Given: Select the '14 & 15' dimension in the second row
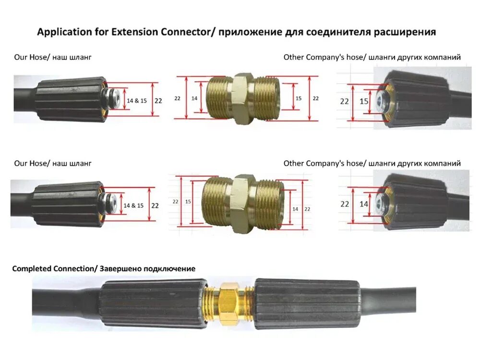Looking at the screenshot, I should pos(133,205).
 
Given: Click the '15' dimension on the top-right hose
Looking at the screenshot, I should pos(364,101).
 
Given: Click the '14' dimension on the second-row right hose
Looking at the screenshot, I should pos(364,204).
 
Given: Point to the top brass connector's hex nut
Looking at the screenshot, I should pos(243,98).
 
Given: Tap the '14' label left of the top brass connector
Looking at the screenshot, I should pos(194,98).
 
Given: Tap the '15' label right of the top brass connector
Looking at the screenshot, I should pos(298,98).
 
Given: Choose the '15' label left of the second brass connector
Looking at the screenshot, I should pos(188,202).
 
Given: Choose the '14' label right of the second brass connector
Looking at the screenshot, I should pos(295,209).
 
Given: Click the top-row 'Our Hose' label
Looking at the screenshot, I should pos(53,57).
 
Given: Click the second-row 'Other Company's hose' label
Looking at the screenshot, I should pos(372,163).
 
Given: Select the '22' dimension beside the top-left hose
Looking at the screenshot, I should pos(158,101).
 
